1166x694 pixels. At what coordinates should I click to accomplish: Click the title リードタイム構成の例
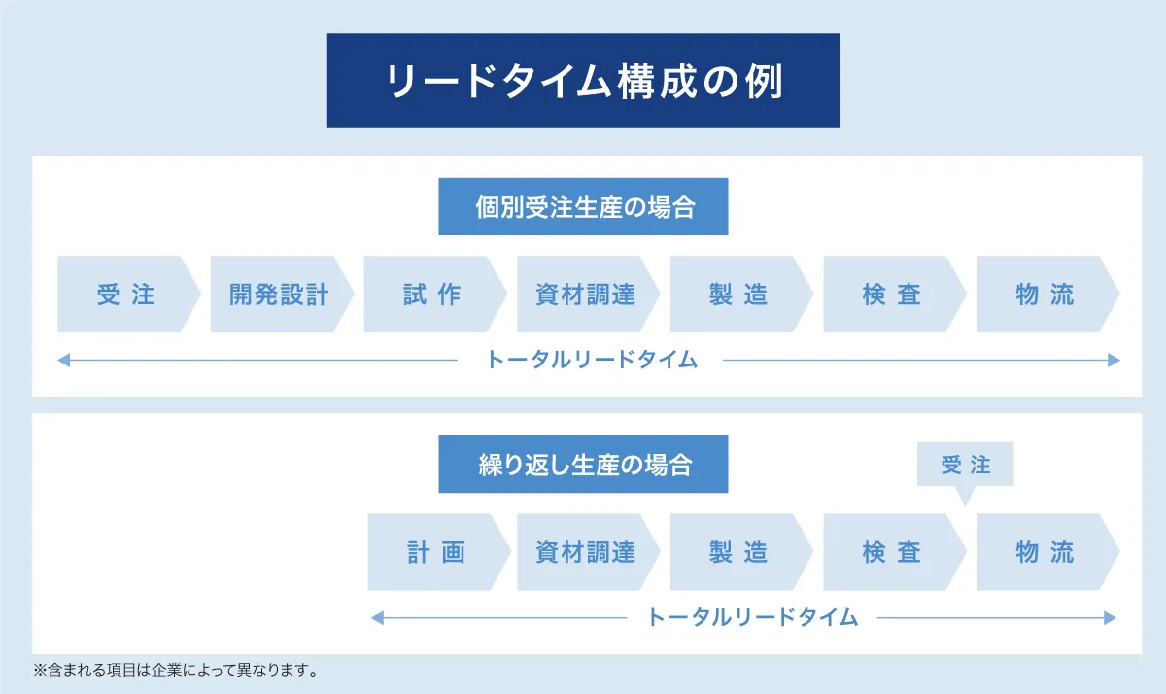pyautogui.click(x=584, y=81)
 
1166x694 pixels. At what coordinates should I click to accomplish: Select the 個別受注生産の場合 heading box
pyautogui.click(x=583, y=206)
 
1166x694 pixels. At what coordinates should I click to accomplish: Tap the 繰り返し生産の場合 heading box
pyautogui.click(x=583, y=464)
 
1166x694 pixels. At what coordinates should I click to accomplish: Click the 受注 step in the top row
pyautogui.click(x=128, y=295)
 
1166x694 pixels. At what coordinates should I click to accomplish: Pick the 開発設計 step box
pyautogui.click(x=282, y=295)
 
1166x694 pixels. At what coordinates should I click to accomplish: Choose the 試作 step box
pyautogui.click(x=434, y=295)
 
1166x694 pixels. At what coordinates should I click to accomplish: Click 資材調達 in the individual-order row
pyautogui.click(x=588, y=295)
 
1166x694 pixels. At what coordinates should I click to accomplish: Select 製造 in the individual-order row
pyautogui.click(x=741, y=295)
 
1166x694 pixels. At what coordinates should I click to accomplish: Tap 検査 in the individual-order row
pyautogui.click(x=894, y=295)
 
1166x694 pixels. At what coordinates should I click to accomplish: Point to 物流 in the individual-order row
pyautogui.click(x=1047, y=295)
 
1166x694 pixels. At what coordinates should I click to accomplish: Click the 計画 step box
pyautogui.click(x=439, y=552)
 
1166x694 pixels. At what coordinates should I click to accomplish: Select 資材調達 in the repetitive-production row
pyautogui.click(x=588, y=552)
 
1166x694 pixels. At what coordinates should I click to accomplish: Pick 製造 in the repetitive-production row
pyautogui.click(x=741, y=552)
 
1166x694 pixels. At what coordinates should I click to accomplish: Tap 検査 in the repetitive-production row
pyautogui.click(x=894, y=552)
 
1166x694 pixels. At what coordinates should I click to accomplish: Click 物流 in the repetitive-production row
pyautogui.click(x=1047, y=552)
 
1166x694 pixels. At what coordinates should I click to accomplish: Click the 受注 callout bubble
pyautogui.click(x=965, y=464)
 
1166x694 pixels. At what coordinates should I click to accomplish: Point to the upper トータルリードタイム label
pyautogui.click(x=591, y=360)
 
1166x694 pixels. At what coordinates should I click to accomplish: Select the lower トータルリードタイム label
pyautogui.click(x=752, y=617)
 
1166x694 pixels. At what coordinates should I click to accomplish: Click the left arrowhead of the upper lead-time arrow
pyautogui.click(x=63, y=360)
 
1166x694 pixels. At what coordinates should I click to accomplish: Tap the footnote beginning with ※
pyautogui.click(x=176, y=670)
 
